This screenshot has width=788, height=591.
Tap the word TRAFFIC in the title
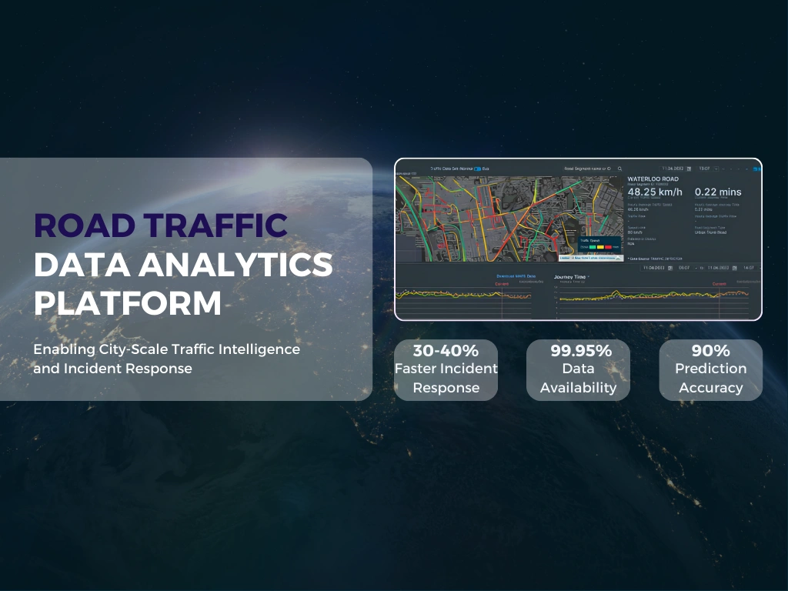coord(218,225)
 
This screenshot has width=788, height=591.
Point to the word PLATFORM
coord(127,303)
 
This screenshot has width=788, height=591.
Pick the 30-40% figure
coord(446,350)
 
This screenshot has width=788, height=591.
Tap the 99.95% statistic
coord(578,350)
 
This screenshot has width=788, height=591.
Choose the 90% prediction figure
coord(710,350)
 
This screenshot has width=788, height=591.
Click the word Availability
coord(578,388)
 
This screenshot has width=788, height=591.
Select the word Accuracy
coord(710,388)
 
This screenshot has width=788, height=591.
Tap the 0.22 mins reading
coord(718,192)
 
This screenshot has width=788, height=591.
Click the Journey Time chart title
coord(570,276)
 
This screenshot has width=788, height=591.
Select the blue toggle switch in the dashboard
coord(477,168)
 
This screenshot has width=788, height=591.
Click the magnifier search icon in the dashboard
coord(619,168)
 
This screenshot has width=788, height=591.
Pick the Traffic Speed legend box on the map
coord(599,244)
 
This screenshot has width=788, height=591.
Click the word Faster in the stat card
coord(421,369)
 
